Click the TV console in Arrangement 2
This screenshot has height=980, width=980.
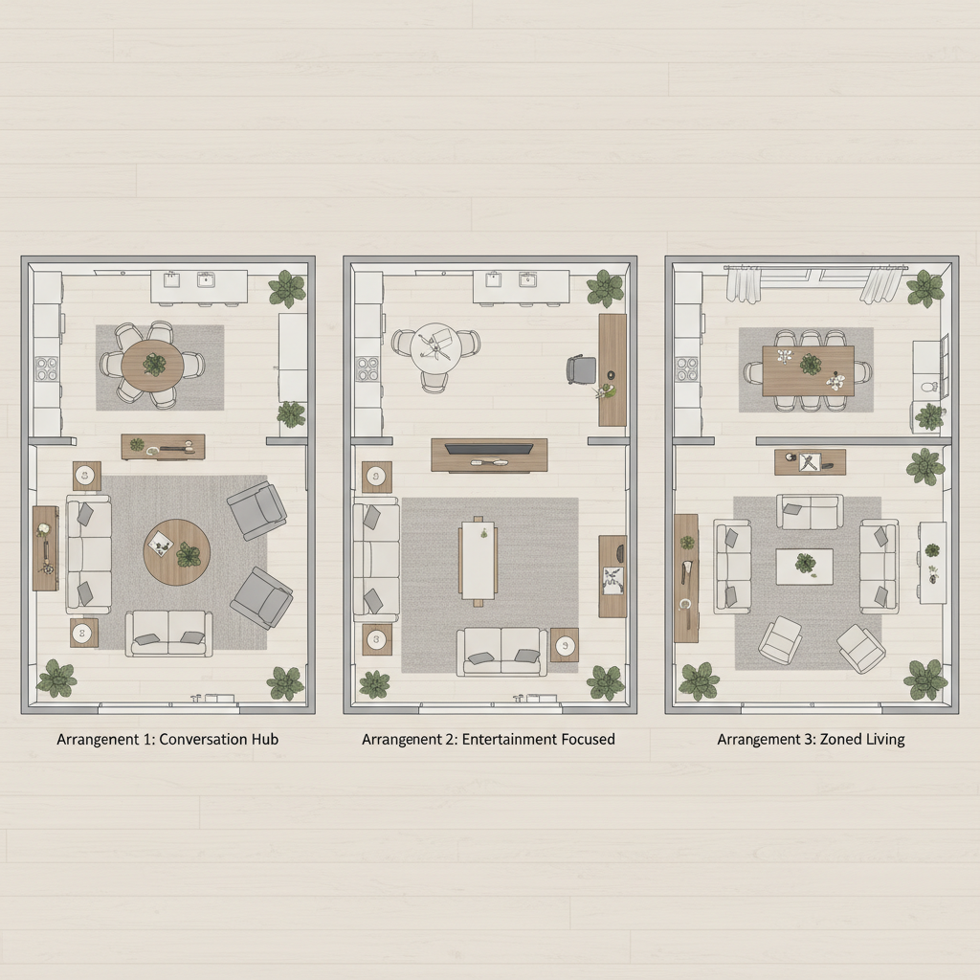pyautogui.click(x=489, y=455)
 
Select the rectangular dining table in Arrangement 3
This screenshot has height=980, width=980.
pyautogui.click(x=809, y=369)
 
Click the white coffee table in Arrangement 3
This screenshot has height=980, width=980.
pyautogui.click(x=804, y=565)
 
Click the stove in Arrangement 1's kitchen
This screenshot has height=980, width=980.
pyautogui.click(x=47, y=368)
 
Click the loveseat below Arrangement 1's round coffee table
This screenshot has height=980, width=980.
pyautogui.click(x=170, y=634)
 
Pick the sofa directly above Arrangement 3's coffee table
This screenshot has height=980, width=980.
pyautogui.click(x=810, y=512)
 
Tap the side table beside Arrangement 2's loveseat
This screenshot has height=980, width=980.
pyautogui.click(x=565, y=645)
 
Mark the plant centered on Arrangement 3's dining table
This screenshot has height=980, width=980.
pyautogui.click(x=811, y=364)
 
